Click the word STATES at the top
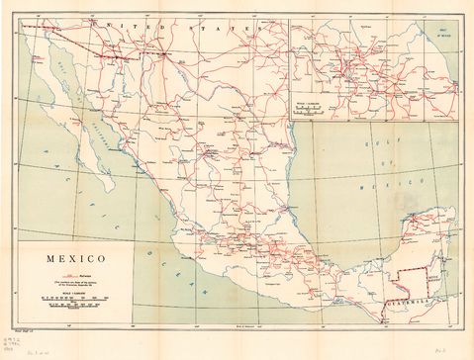[x=220, y=31]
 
